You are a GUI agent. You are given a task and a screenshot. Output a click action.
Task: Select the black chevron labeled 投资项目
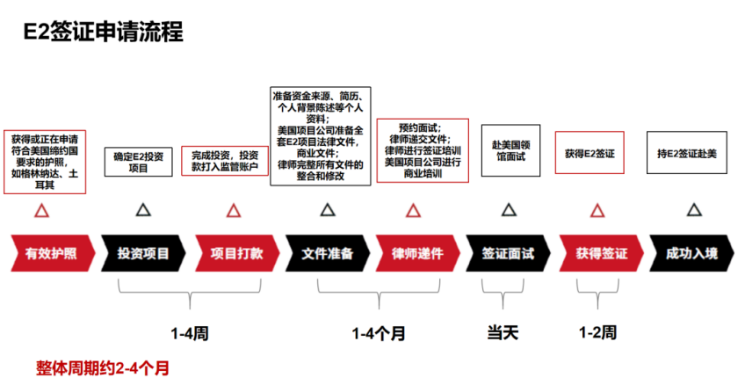pos(142,254)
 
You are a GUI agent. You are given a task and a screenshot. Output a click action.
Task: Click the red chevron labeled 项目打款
pos(235,254)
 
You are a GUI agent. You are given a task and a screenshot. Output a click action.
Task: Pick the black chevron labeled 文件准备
pos(327,254)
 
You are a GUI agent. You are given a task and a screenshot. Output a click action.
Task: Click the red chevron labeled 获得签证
pos(601,254)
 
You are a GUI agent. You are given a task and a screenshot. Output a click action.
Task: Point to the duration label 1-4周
pos(189,333)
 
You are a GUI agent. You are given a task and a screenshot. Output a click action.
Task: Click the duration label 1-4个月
pos(379,333)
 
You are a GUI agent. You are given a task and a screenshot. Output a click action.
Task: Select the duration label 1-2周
pos(597,333)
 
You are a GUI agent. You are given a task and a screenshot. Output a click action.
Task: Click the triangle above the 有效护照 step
pos(40,211)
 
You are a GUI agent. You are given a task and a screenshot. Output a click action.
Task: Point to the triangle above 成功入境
pos(694,210)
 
